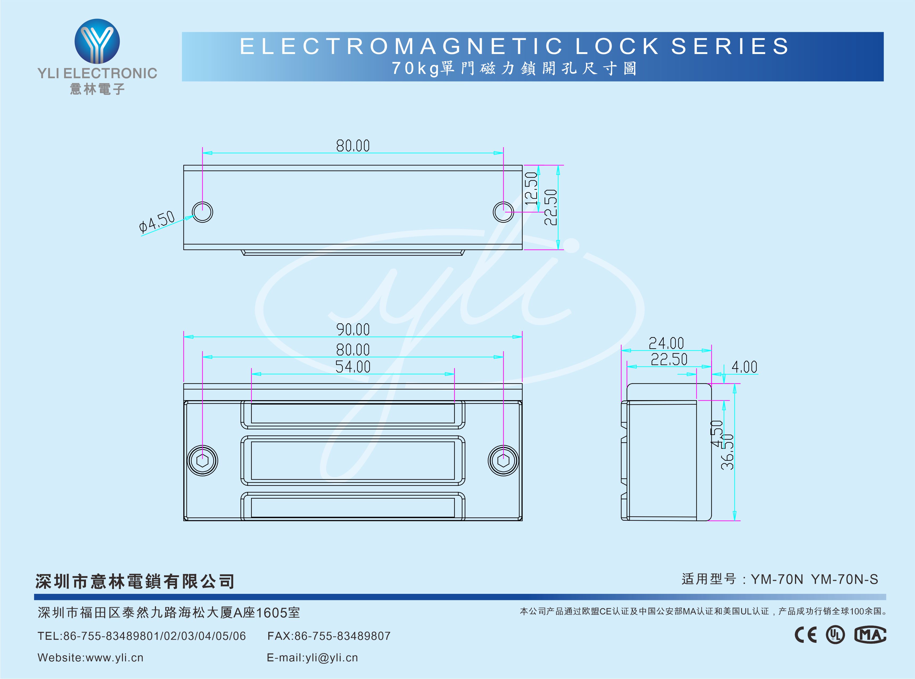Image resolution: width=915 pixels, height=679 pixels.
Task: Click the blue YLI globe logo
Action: point(97,41)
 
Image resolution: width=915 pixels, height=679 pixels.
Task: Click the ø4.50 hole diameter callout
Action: point(157,222)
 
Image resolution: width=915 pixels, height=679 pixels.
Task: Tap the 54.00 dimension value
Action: point(353,367)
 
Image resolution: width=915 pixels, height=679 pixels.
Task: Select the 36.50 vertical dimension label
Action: point(728,452)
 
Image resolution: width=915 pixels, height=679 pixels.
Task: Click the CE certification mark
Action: point(806,635)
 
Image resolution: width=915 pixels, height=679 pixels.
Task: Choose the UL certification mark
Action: point(835,635)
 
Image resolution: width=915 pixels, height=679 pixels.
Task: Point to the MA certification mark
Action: point(870,635)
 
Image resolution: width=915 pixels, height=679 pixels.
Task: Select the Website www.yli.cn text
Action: point(90,658)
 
